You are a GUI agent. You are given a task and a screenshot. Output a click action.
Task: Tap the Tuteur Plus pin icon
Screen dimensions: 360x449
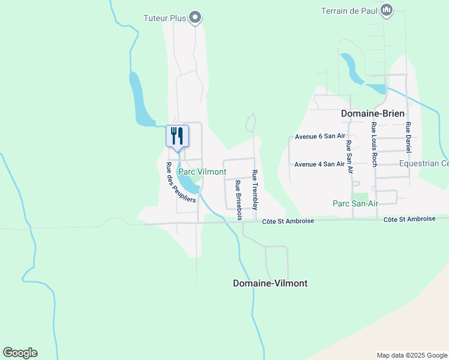[194, 17]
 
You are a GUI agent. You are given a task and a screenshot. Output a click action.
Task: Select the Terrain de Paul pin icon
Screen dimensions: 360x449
[387, 10]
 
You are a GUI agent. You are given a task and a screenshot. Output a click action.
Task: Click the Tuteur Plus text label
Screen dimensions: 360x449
[165, 18]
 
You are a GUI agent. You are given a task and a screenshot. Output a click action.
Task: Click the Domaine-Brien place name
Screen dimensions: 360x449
[373, 113]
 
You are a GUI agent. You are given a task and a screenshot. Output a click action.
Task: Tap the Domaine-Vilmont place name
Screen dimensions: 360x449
[270, 283]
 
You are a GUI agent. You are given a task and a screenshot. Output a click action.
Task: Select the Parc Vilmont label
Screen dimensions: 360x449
[202, 172]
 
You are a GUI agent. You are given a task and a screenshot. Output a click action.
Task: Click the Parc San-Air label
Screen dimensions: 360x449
[355, 203]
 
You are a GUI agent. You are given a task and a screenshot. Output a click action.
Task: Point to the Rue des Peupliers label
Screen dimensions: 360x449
[181, 182]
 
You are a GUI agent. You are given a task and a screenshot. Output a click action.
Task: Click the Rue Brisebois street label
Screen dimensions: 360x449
[238, 200]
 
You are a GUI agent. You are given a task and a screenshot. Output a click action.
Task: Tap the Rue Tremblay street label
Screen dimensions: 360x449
[255, 190]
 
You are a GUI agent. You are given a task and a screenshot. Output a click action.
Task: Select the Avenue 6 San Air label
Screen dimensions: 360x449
[319, 137]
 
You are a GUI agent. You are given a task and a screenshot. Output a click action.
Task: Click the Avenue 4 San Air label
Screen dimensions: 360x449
[319, 164]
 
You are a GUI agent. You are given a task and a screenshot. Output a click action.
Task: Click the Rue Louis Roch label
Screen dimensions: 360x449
[374, 144]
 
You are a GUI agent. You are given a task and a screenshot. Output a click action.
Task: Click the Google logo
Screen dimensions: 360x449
[20, 353]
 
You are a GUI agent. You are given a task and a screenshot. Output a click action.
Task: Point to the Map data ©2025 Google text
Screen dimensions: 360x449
[411, 355]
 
